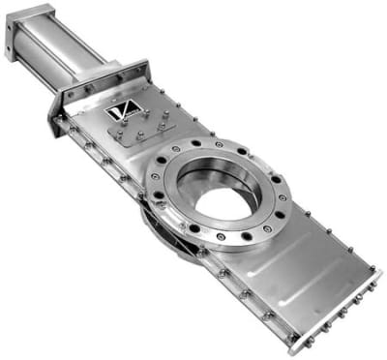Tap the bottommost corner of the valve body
(x=291, y=344)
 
